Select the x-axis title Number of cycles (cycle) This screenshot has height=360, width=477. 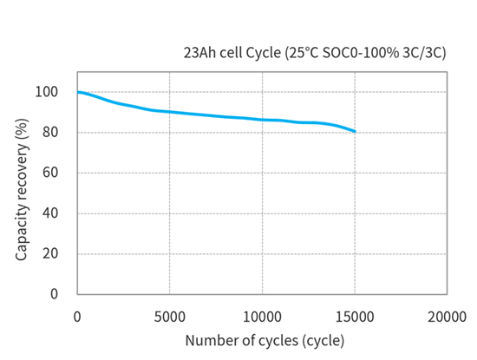coord(264,339)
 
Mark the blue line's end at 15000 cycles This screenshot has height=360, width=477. coord(355,131)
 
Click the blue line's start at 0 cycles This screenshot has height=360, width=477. coord(78,92)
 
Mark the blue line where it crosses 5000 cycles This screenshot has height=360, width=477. coord(169,112)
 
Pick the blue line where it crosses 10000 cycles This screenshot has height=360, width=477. coord(262,120)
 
